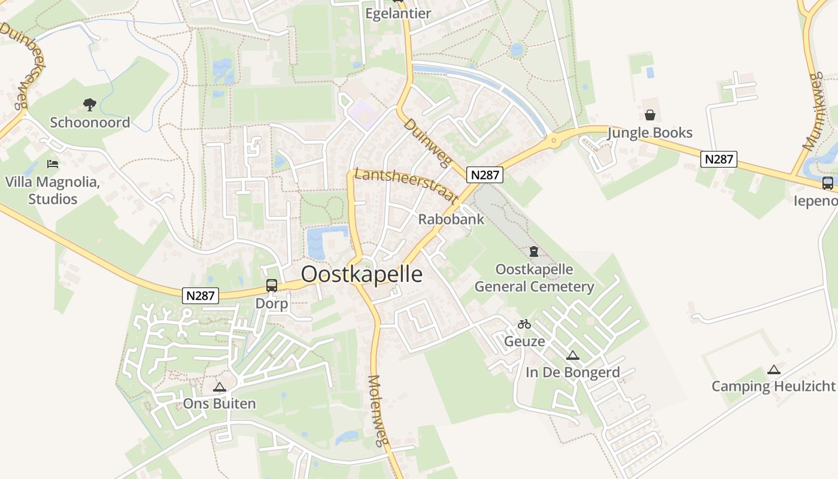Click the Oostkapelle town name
[x=362, y=274]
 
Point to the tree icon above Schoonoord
[x=90, y=105]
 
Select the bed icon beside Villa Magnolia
[x=53, y=164]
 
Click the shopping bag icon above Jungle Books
[x=649, y=115]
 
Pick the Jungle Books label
[x=649, y=133]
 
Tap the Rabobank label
[x=451, y=219]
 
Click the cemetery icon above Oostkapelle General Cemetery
[x=534, y=251]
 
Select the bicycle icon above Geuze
[x=524, y=324]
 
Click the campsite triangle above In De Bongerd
[x=573, y=355]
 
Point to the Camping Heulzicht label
[x=773, y=386]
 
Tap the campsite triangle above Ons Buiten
[x=219, y=387]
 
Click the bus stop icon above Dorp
[x=272, y=286]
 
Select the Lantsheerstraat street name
[x=406, y=184]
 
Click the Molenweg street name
[x=375, y=411]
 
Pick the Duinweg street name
[x=426, y=141]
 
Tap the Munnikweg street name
[x=815, y=111]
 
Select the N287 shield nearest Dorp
[x=201, y=295]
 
